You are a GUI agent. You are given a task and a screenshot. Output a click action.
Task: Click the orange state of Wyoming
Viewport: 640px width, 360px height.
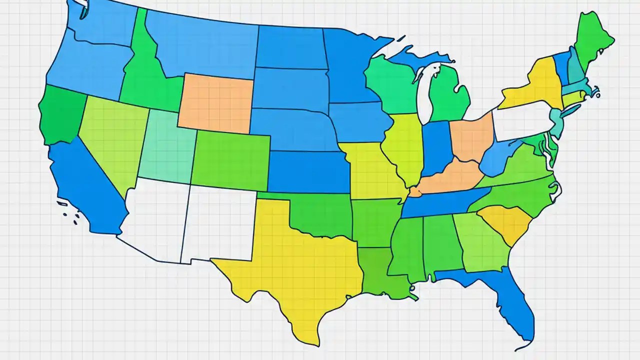(x=215, y=102)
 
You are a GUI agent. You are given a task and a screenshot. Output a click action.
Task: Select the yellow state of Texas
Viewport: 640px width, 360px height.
(x=295, y=270)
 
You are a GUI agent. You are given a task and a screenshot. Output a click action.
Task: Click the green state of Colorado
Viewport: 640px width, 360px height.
(x=230, y=160)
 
